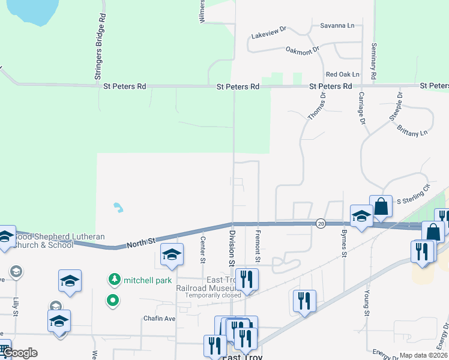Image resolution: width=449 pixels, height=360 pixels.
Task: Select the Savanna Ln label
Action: pyautogui.click(x=337, y=26)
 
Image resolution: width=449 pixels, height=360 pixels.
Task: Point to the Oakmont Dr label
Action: pyautogui.click(x=302, y=50)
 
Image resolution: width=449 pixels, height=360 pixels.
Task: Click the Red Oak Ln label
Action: pyautogui.click(x=342, y=74)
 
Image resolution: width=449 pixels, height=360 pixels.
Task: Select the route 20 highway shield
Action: pyautogui.click(x=321, y=223)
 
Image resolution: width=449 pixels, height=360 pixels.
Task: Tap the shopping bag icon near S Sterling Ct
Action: pyautogui.click(x=381, y=206)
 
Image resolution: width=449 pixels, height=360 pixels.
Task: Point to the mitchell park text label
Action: pyautogui.click(x=148, y=280)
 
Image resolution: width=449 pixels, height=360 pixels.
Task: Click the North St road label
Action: pyautogui.click(x=140, y=241)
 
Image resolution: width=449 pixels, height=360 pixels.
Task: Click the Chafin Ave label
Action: pyautogui.click(x=158, y=318)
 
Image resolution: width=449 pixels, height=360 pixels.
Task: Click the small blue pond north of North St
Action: pyautogui.click(x=118, y=208)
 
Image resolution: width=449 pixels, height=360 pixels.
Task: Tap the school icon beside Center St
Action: pyautogui.click(x=172, y=256)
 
